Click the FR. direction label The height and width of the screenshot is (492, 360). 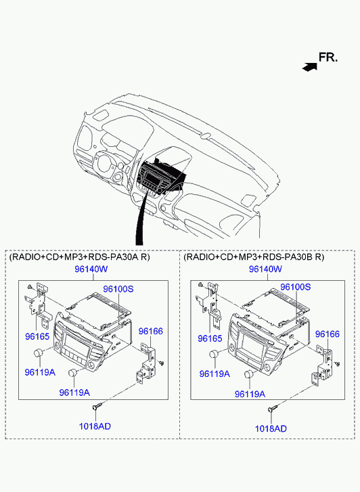click(x=328, y=58)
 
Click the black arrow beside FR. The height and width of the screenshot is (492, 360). click(x=309, y=66)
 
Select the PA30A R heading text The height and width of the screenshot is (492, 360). click(x=80, y=257)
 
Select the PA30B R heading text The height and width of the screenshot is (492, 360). click(x=254, y=257)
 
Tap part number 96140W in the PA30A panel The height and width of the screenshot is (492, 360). click(x=91, y=269)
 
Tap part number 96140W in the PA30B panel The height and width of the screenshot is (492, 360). click(x=265, y=269)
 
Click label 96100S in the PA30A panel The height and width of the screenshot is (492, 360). click(x=118, y=289)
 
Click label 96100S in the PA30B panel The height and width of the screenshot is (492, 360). click(x=295, y=287)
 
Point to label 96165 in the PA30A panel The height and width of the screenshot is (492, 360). click(x=37, y=336)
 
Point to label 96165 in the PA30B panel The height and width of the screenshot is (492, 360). click(x=210, y=338)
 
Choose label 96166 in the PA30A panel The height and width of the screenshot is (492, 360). click(x=151, y=331)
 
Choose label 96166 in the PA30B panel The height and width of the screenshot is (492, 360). click(x=328, y=334)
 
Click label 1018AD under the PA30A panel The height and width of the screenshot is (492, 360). click(x=95, y=426)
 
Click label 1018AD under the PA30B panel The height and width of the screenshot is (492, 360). click(x=271, y=428)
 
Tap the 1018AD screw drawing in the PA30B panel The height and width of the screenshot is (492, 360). click(x=273, y=408)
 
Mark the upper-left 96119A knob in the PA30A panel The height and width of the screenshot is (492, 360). click(x=39, y=353)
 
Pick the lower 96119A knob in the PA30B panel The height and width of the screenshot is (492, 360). click(x=249, y=374)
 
